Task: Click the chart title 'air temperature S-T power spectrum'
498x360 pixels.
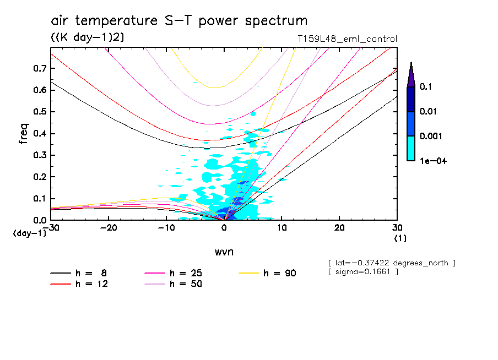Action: tap(179, 21)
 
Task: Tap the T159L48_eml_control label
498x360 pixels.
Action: tap(347, 39)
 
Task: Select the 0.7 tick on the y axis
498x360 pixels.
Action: tap(39, 68)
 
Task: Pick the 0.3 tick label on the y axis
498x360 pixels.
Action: tap(39, 155)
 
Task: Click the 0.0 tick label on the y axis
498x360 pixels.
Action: tap(39, 220)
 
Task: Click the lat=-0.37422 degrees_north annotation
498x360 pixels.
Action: tap(391, 263)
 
